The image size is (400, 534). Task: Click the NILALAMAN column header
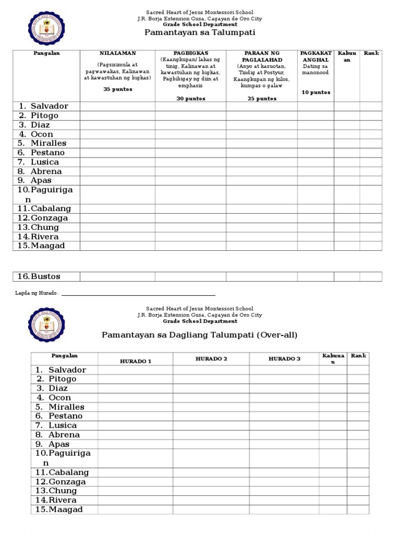pos(117,54)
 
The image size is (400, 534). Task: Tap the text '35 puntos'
pos(118,89)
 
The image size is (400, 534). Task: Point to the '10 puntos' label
pos(316,92)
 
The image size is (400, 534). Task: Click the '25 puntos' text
pos(261,99)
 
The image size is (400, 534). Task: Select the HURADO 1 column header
pos(135,361)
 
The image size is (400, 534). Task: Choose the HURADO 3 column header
pos(284,359)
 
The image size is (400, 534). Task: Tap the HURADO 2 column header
pos(211,359)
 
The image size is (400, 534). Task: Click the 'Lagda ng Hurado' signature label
pos(36,294)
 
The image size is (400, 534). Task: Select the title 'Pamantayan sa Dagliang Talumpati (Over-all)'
pos(199,335)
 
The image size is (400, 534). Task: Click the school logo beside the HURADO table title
pos(46,325)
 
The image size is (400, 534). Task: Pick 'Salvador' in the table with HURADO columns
pos(67,370)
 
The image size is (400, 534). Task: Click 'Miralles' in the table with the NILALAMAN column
pos(48,143)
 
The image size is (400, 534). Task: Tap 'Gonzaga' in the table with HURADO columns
pos(67,482)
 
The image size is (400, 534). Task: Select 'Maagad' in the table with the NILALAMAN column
pos(47,246)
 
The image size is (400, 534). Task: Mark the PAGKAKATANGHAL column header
pos(316,56)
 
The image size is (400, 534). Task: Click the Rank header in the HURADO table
pos(358,356)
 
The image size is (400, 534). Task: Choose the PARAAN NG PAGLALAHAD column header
pos(261,56)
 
